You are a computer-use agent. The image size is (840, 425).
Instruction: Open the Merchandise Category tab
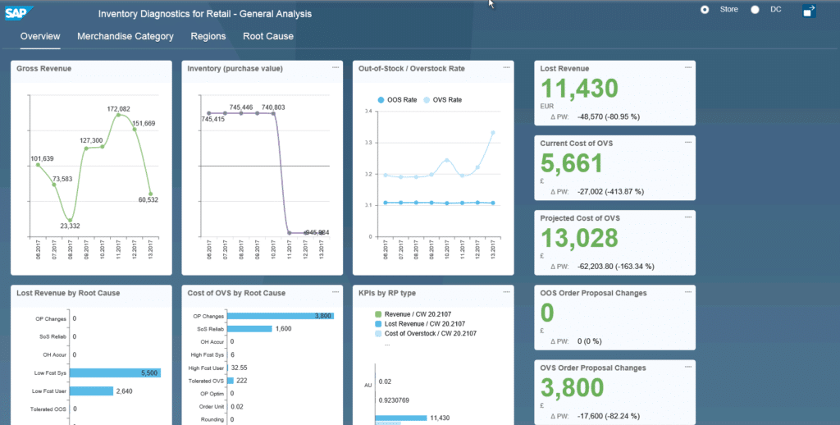[x=126, y=36]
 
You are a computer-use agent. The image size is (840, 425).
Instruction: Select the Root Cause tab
[x=267, y=36]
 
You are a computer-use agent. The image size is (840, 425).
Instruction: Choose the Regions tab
[x=208, y=36]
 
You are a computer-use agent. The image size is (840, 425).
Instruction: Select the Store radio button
[x=705, y=10]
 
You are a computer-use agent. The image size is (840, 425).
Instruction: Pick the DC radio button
[x=755, y=10]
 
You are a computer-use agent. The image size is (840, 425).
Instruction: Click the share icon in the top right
[x=809, y=11]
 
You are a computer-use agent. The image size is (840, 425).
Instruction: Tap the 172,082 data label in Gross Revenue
[x=119, y=108]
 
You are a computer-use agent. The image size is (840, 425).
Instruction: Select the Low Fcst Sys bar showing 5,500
[x=114, y=372]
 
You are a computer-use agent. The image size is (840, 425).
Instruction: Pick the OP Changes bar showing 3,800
[x=279, y=315]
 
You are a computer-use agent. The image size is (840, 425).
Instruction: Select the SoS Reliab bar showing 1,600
[x=249, y=328]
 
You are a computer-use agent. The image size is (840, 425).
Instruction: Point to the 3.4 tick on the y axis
[x=368, y=111]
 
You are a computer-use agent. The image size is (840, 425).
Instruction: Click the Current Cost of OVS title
[x=576, y=144]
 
